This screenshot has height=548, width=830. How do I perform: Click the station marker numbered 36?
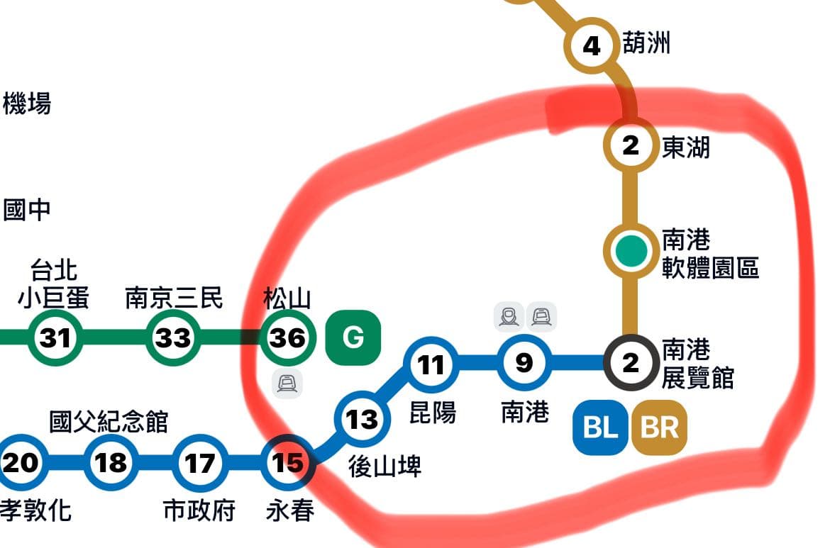point(288,338)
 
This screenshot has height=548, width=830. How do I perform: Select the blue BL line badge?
point(601,427)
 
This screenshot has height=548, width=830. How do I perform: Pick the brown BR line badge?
point(659,427)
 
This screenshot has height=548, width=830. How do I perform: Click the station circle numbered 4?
point(591,47)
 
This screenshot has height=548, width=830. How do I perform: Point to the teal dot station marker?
point(631,250)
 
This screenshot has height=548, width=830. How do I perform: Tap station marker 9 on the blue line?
point(524,363)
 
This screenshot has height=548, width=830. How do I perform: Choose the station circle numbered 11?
point(431,364)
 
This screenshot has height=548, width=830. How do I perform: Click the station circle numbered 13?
point(362,419)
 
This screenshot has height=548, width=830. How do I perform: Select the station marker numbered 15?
point(288,463)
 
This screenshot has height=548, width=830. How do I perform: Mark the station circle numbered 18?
point(111,463)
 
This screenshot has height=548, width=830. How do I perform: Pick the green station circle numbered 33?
point(172,338)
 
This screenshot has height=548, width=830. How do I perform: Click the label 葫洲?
point(646,44)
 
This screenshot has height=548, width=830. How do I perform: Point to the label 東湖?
point(685,147)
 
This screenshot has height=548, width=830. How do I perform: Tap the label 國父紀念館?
point(109,421)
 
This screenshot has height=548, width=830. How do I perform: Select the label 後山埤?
point(384,466)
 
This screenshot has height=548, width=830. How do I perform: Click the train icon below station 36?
point(287,384)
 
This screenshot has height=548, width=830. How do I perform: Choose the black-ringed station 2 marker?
point(630,363)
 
